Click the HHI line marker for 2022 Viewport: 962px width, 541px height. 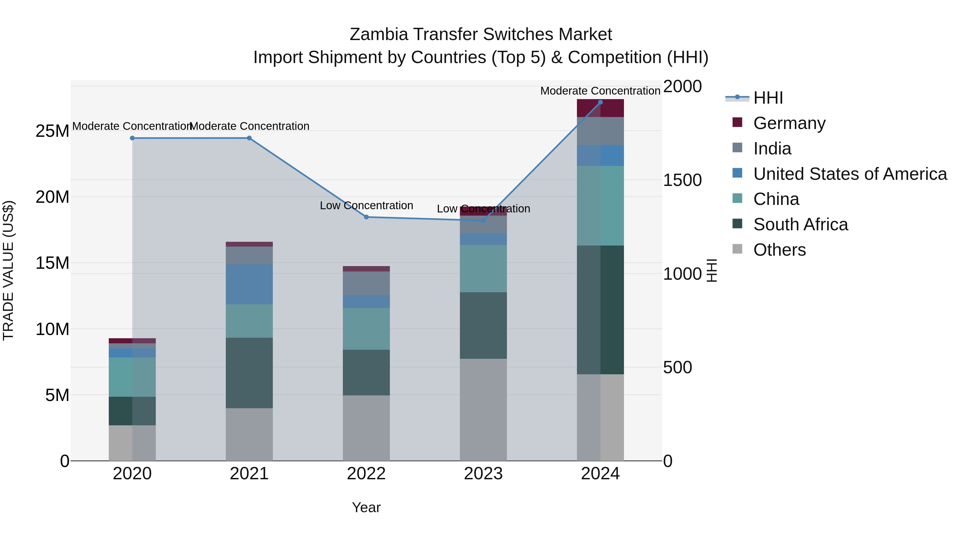click(366, 217)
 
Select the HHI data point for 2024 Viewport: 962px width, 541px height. click(600, 102)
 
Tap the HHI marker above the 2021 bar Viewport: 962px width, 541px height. click(249, 138)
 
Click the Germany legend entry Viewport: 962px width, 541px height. click(789, 123)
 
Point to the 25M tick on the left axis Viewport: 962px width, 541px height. click(52, 131)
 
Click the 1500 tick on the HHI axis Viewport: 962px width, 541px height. click(682, 180)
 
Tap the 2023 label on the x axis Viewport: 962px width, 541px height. click(483, 474)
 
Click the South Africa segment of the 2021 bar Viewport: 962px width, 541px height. click(249, 373)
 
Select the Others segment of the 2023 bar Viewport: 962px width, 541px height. click(483, 410)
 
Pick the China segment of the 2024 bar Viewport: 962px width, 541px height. click(600, 205)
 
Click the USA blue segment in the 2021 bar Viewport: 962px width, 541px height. click(249, 284)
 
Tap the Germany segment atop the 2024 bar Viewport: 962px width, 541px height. click(600, 108)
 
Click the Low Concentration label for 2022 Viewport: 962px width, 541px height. click(366, 205)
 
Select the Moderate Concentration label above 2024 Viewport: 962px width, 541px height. click(600, 91)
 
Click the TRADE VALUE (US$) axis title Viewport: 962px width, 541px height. click(8, 270)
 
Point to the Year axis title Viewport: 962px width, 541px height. click(366, 507)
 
